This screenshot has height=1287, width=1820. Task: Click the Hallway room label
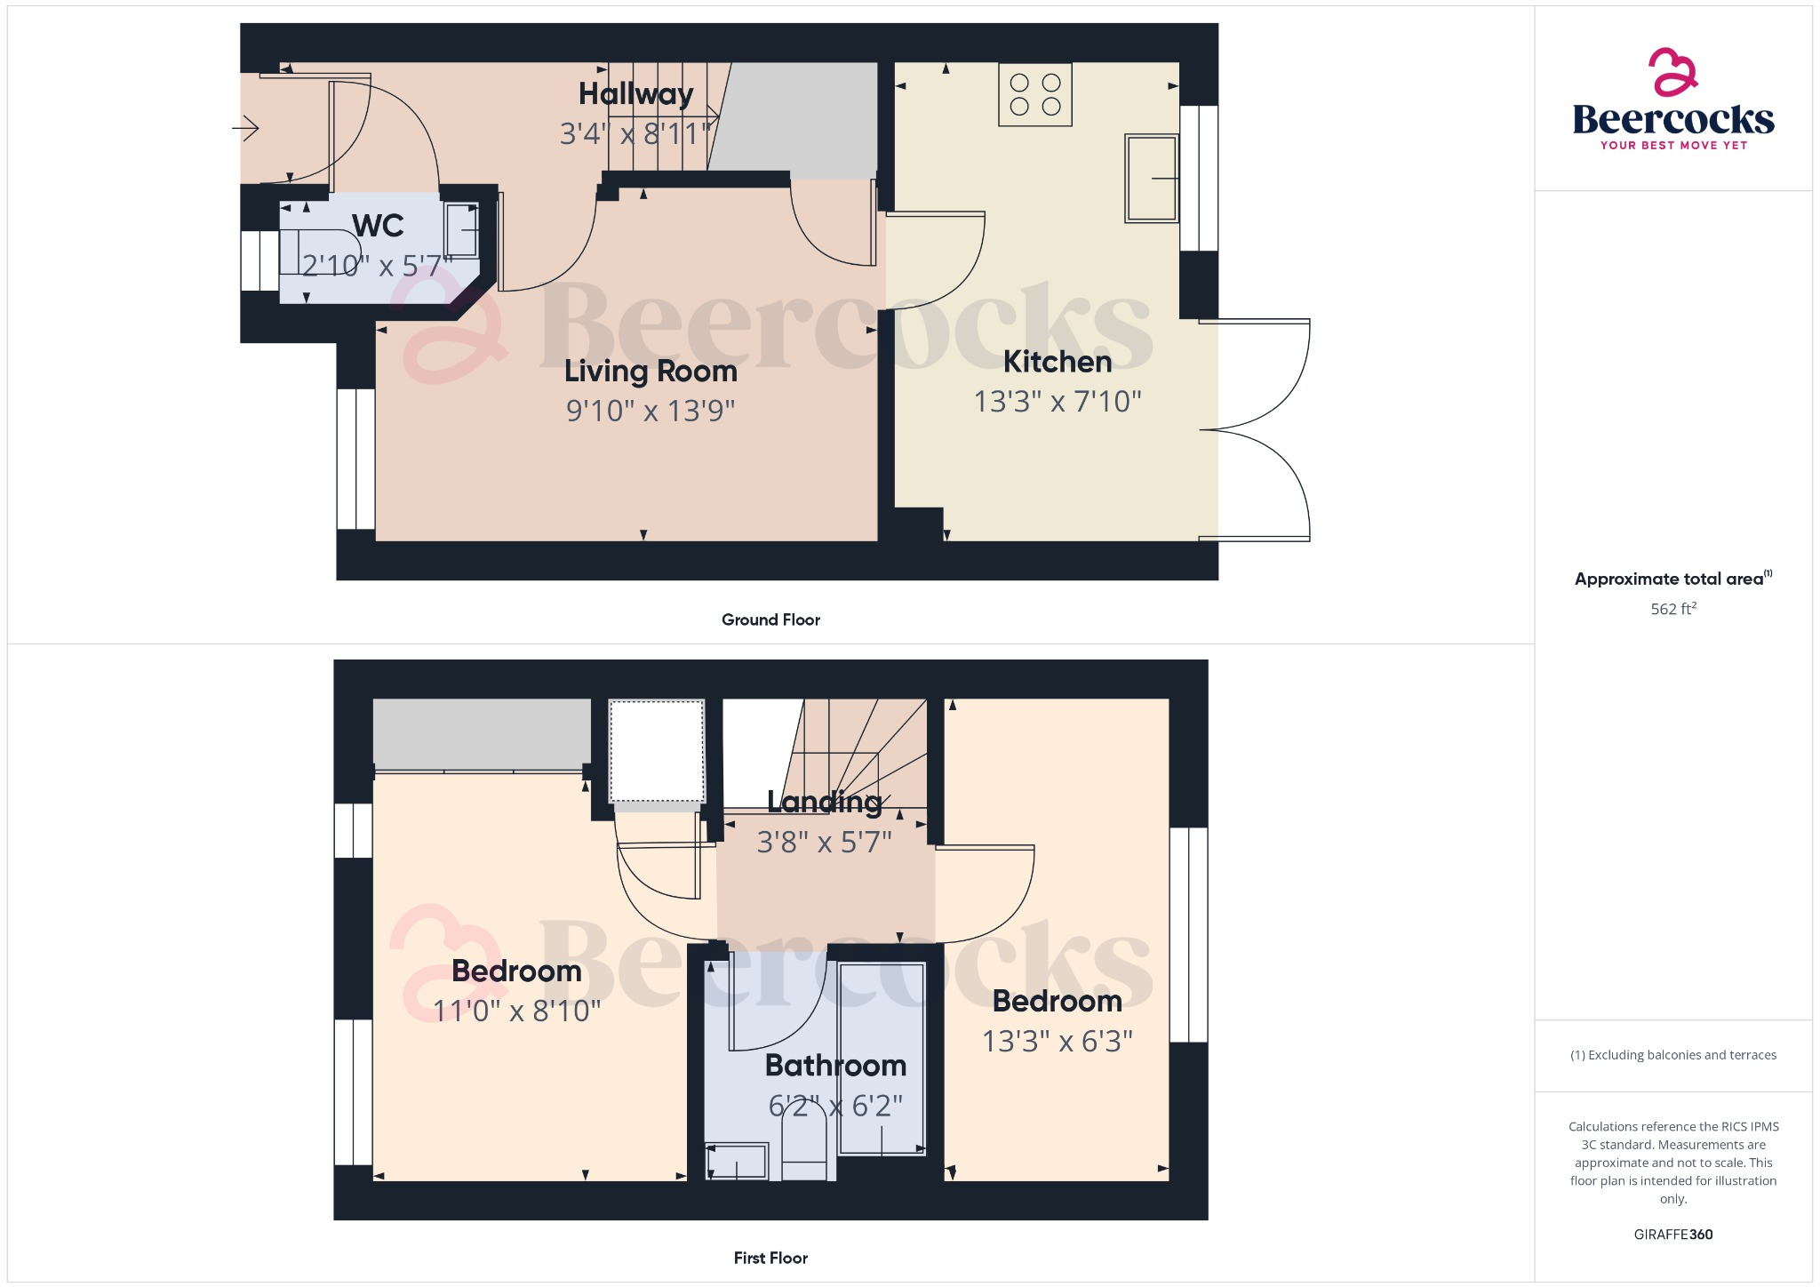[x=635, y=93]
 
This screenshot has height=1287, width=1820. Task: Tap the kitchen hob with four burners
[x=1035, y=94]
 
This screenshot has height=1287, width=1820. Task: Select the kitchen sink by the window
[x=1152, y=178]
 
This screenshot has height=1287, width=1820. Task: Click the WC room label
[x=378, y=226]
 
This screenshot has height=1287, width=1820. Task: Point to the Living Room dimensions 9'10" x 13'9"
[x=651, y=411]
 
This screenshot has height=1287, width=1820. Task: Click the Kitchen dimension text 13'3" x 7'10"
[x=1058, y=402]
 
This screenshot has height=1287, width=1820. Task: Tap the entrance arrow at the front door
[x=245, y=129]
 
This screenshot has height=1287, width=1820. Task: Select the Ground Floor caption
[x=770, y=620]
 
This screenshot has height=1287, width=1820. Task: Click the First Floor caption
[x=770, y=1258]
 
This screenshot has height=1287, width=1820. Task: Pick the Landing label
[x=825, y=802]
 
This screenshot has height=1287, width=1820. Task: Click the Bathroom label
[x=835, y=1065]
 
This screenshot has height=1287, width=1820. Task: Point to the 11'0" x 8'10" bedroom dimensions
[x=516, y=1011]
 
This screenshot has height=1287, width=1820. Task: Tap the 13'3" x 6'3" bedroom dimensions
[x=1057, y=1041]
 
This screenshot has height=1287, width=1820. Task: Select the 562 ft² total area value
[x=1672, y=609]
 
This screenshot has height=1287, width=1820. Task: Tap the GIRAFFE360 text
[x=1672, y=1234]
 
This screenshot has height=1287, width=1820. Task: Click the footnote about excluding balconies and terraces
[x=1672, y=1055]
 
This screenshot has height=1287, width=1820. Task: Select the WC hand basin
[x=462, y=230]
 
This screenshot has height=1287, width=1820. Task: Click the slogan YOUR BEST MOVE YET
[x=1673, y=145]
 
